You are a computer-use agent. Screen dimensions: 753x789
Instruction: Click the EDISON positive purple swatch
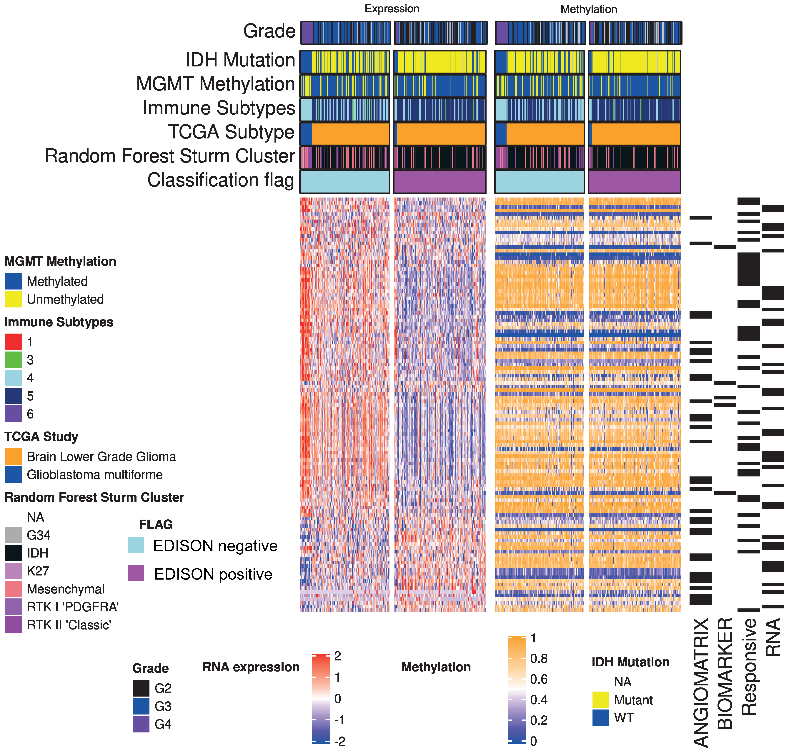point(136,574)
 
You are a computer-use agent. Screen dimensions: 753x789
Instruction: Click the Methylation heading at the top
point(589,9)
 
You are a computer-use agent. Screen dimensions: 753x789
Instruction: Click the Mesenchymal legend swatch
point(13,589)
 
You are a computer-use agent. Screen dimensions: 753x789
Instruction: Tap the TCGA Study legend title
point(41,437)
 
